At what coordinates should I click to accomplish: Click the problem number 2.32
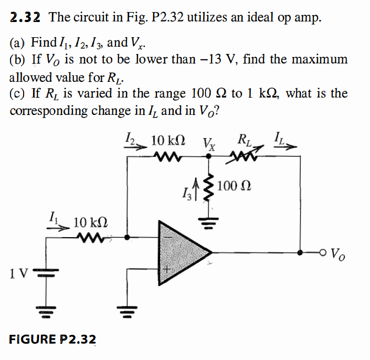click(26, 17)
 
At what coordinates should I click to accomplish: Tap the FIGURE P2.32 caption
click(52, 340)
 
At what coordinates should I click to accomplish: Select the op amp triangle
click(181, 251)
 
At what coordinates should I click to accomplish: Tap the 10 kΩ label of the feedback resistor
click(167, 141)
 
